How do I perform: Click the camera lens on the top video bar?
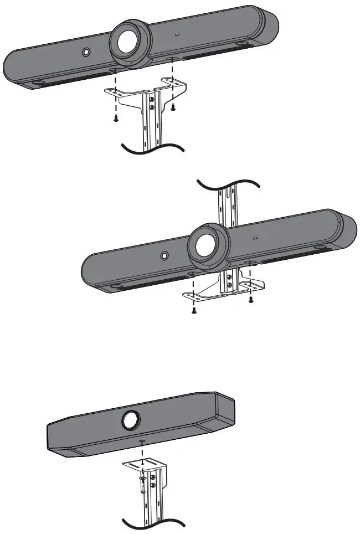[130, 41]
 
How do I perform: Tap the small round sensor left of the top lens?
[86, 52]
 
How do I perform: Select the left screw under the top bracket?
[116, 117]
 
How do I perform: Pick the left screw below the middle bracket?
[194, 311]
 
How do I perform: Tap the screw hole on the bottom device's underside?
[143, 443]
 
